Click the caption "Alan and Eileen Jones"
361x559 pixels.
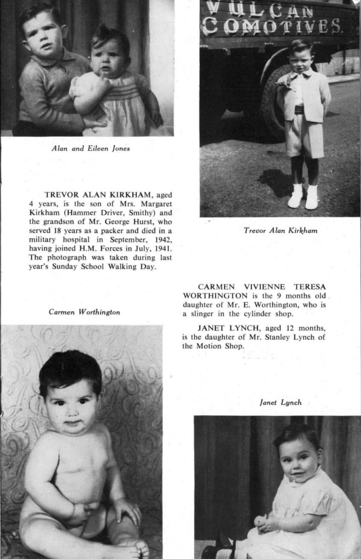[x=91, y=148]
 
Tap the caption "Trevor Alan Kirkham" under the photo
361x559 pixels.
[x=280, y=231]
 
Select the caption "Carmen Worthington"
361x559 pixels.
[x=84, y=312]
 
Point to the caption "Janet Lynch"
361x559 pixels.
[x=280, y=402]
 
